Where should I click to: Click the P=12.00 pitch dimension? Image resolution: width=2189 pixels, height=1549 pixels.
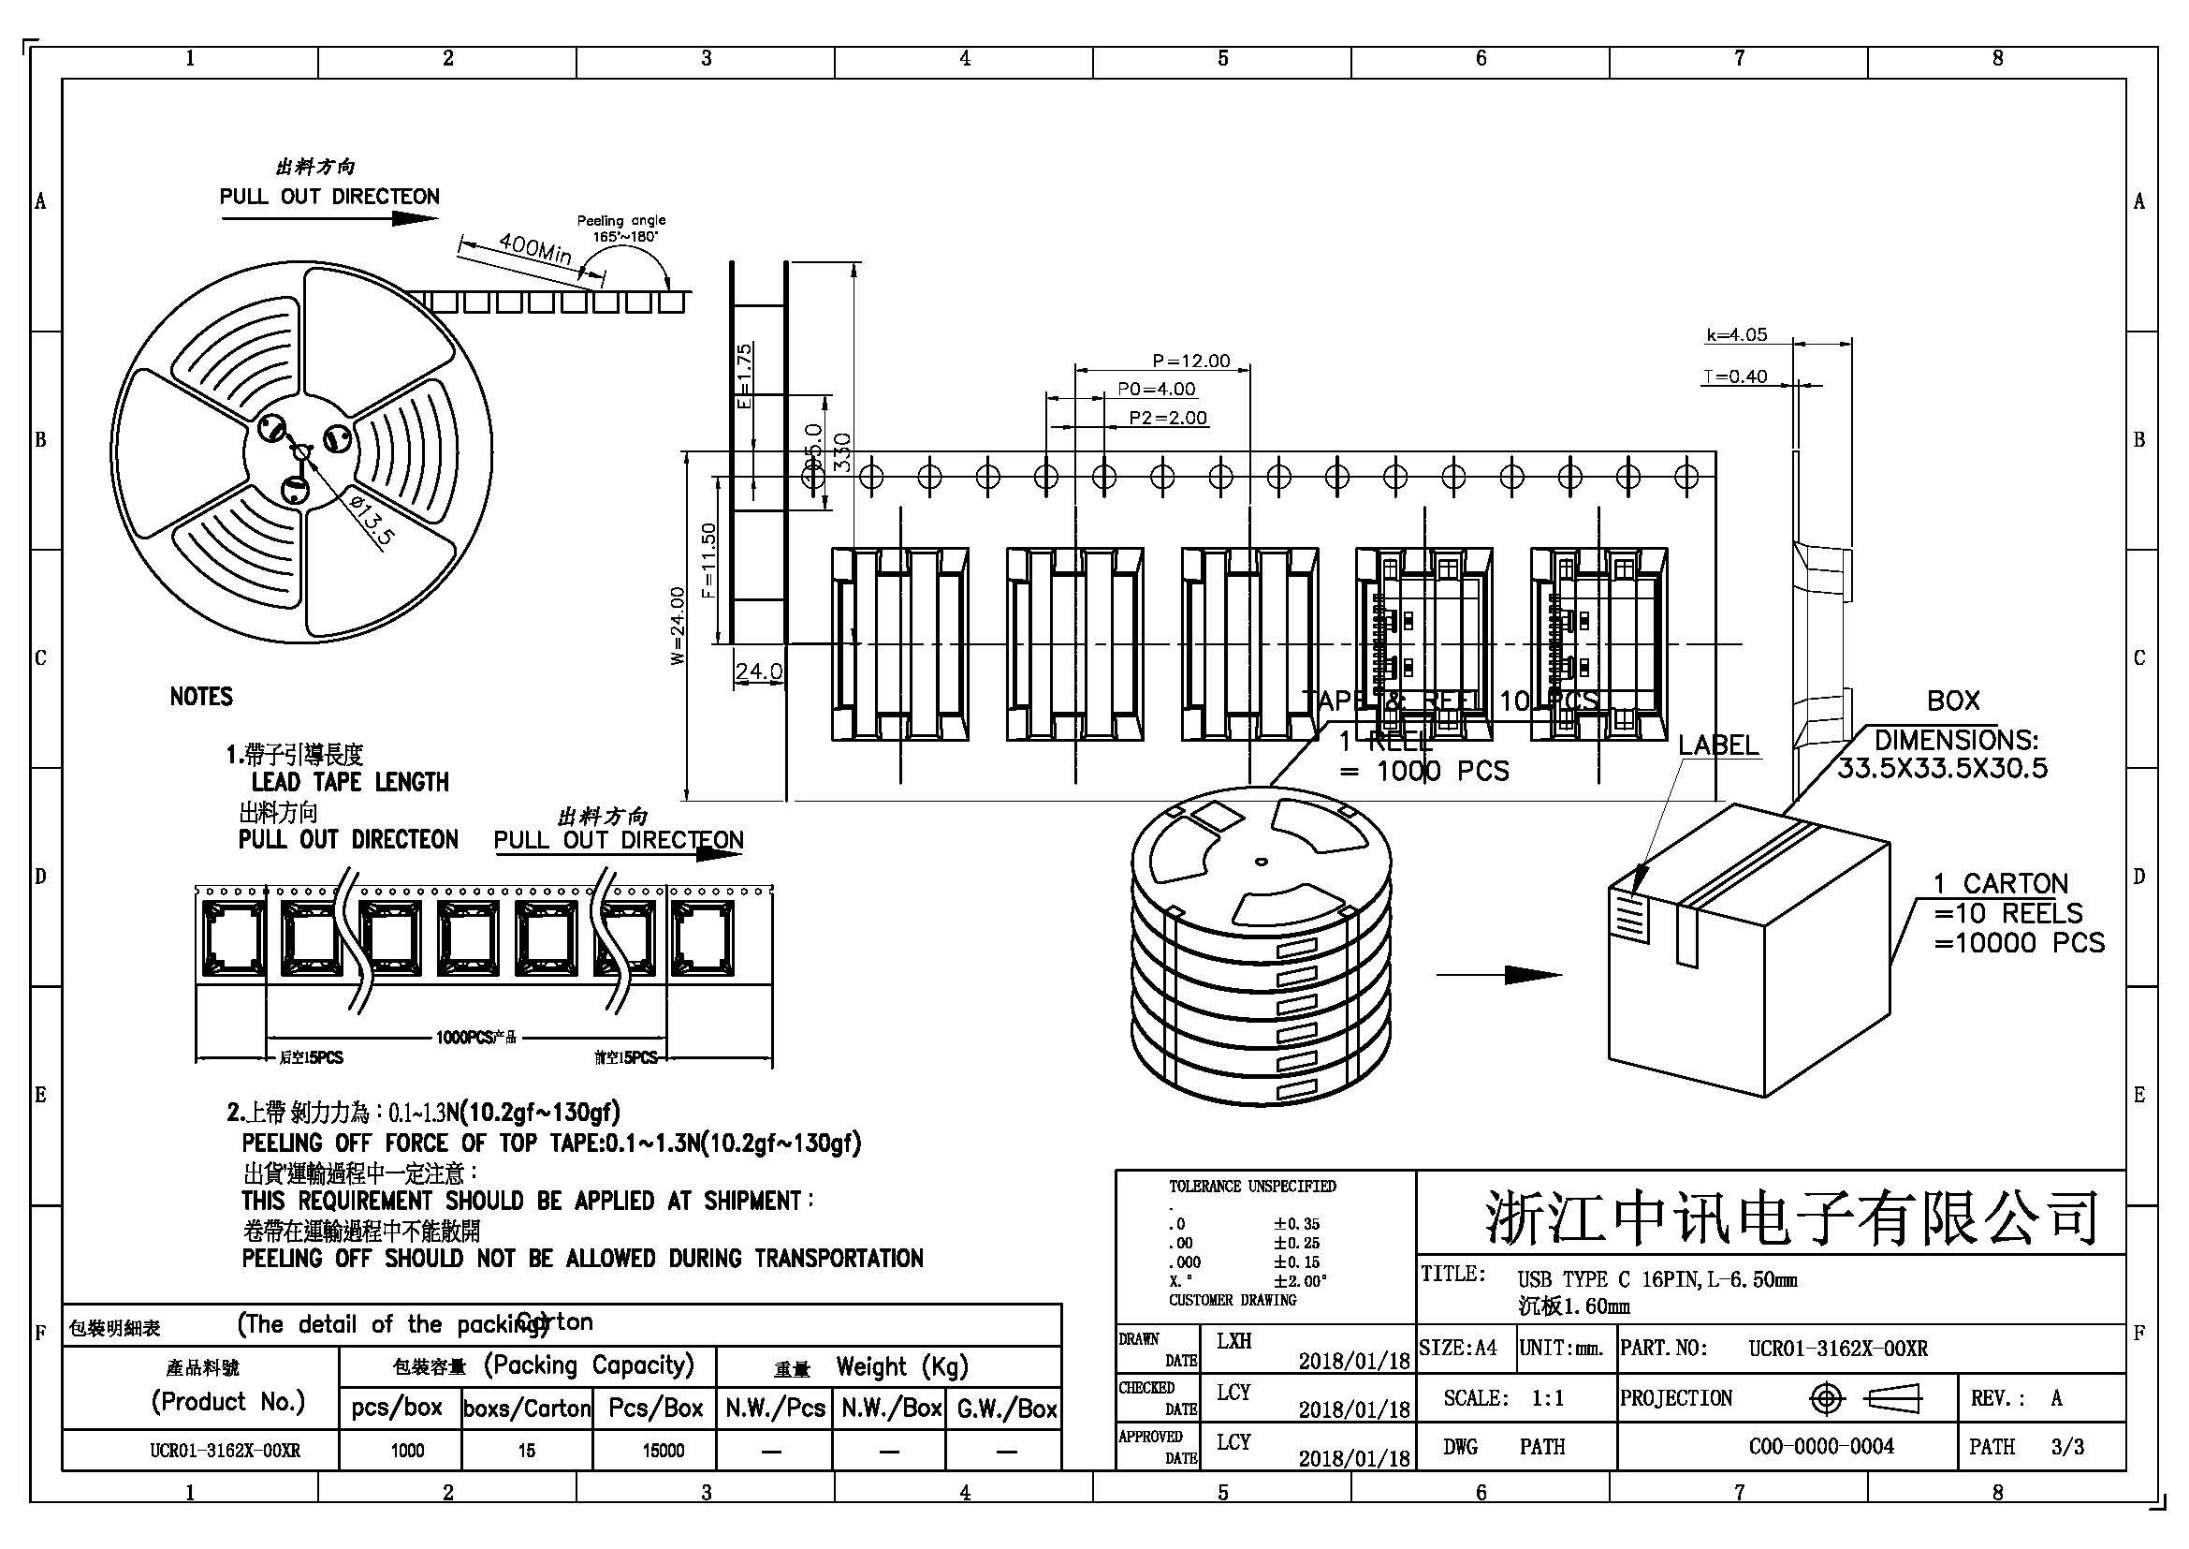1190,361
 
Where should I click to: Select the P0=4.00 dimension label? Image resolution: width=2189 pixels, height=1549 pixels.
1156,390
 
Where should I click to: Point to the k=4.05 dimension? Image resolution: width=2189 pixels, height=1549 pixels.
1736,334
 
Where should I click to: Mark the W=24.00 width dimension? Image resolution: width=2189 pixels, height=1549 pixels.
677,625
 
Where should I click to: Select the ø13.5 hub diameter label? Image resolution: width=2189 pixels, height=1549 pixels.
370,521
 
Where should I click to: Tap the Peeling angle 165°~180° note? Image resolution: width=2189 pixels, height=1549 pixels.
620,228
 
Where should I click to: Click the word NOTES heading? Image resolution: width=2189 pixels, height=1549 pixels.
201,696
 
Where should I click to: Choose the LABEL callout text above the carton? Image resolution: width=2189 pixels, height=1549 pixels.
1718,745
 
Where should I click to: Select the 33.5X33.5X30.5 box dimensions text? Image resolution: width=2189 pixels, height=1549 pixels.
1942,768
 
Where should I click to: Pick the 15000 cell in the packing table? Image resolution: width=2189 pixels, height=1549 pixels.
663,1451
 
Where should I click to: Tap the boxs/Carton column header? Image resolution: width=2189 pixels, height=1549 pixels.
526,1409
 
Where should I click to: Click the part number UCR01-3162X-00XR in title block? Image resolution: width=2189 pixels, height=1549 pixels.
1837,1349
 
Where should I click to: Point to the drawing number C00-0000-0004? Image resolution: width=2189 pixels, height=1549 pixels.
1821,1447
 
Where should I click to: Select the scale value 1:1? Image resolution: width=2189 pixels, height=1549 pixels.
1548,1398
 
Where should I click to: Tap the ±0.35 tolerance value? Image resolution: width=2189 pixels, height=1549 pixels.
1296,1224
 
